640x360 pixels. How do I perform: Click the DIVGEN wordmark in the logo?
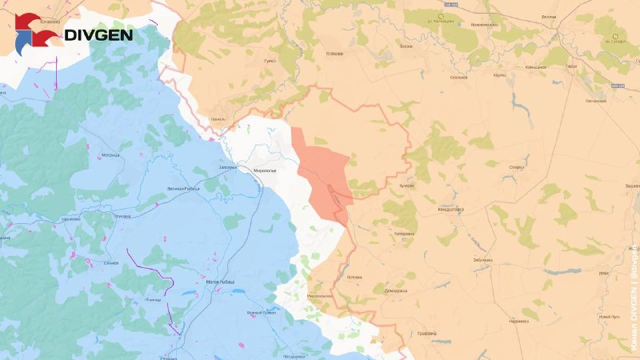[x=98, y=35]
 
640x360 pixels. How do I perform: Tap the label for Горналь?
[x=218, y=118]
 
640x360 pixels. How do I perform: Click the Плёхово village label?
[x=334, y=54]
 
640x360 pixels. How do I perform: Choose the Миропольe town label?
[x=264, y=170]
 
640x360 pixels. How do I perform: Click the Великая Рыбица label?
[x=181, y=188]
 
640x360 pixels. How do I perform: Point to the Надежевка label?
[x=518, y=321]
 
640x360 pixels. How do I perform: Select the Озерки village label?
[x=516, y=166]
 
